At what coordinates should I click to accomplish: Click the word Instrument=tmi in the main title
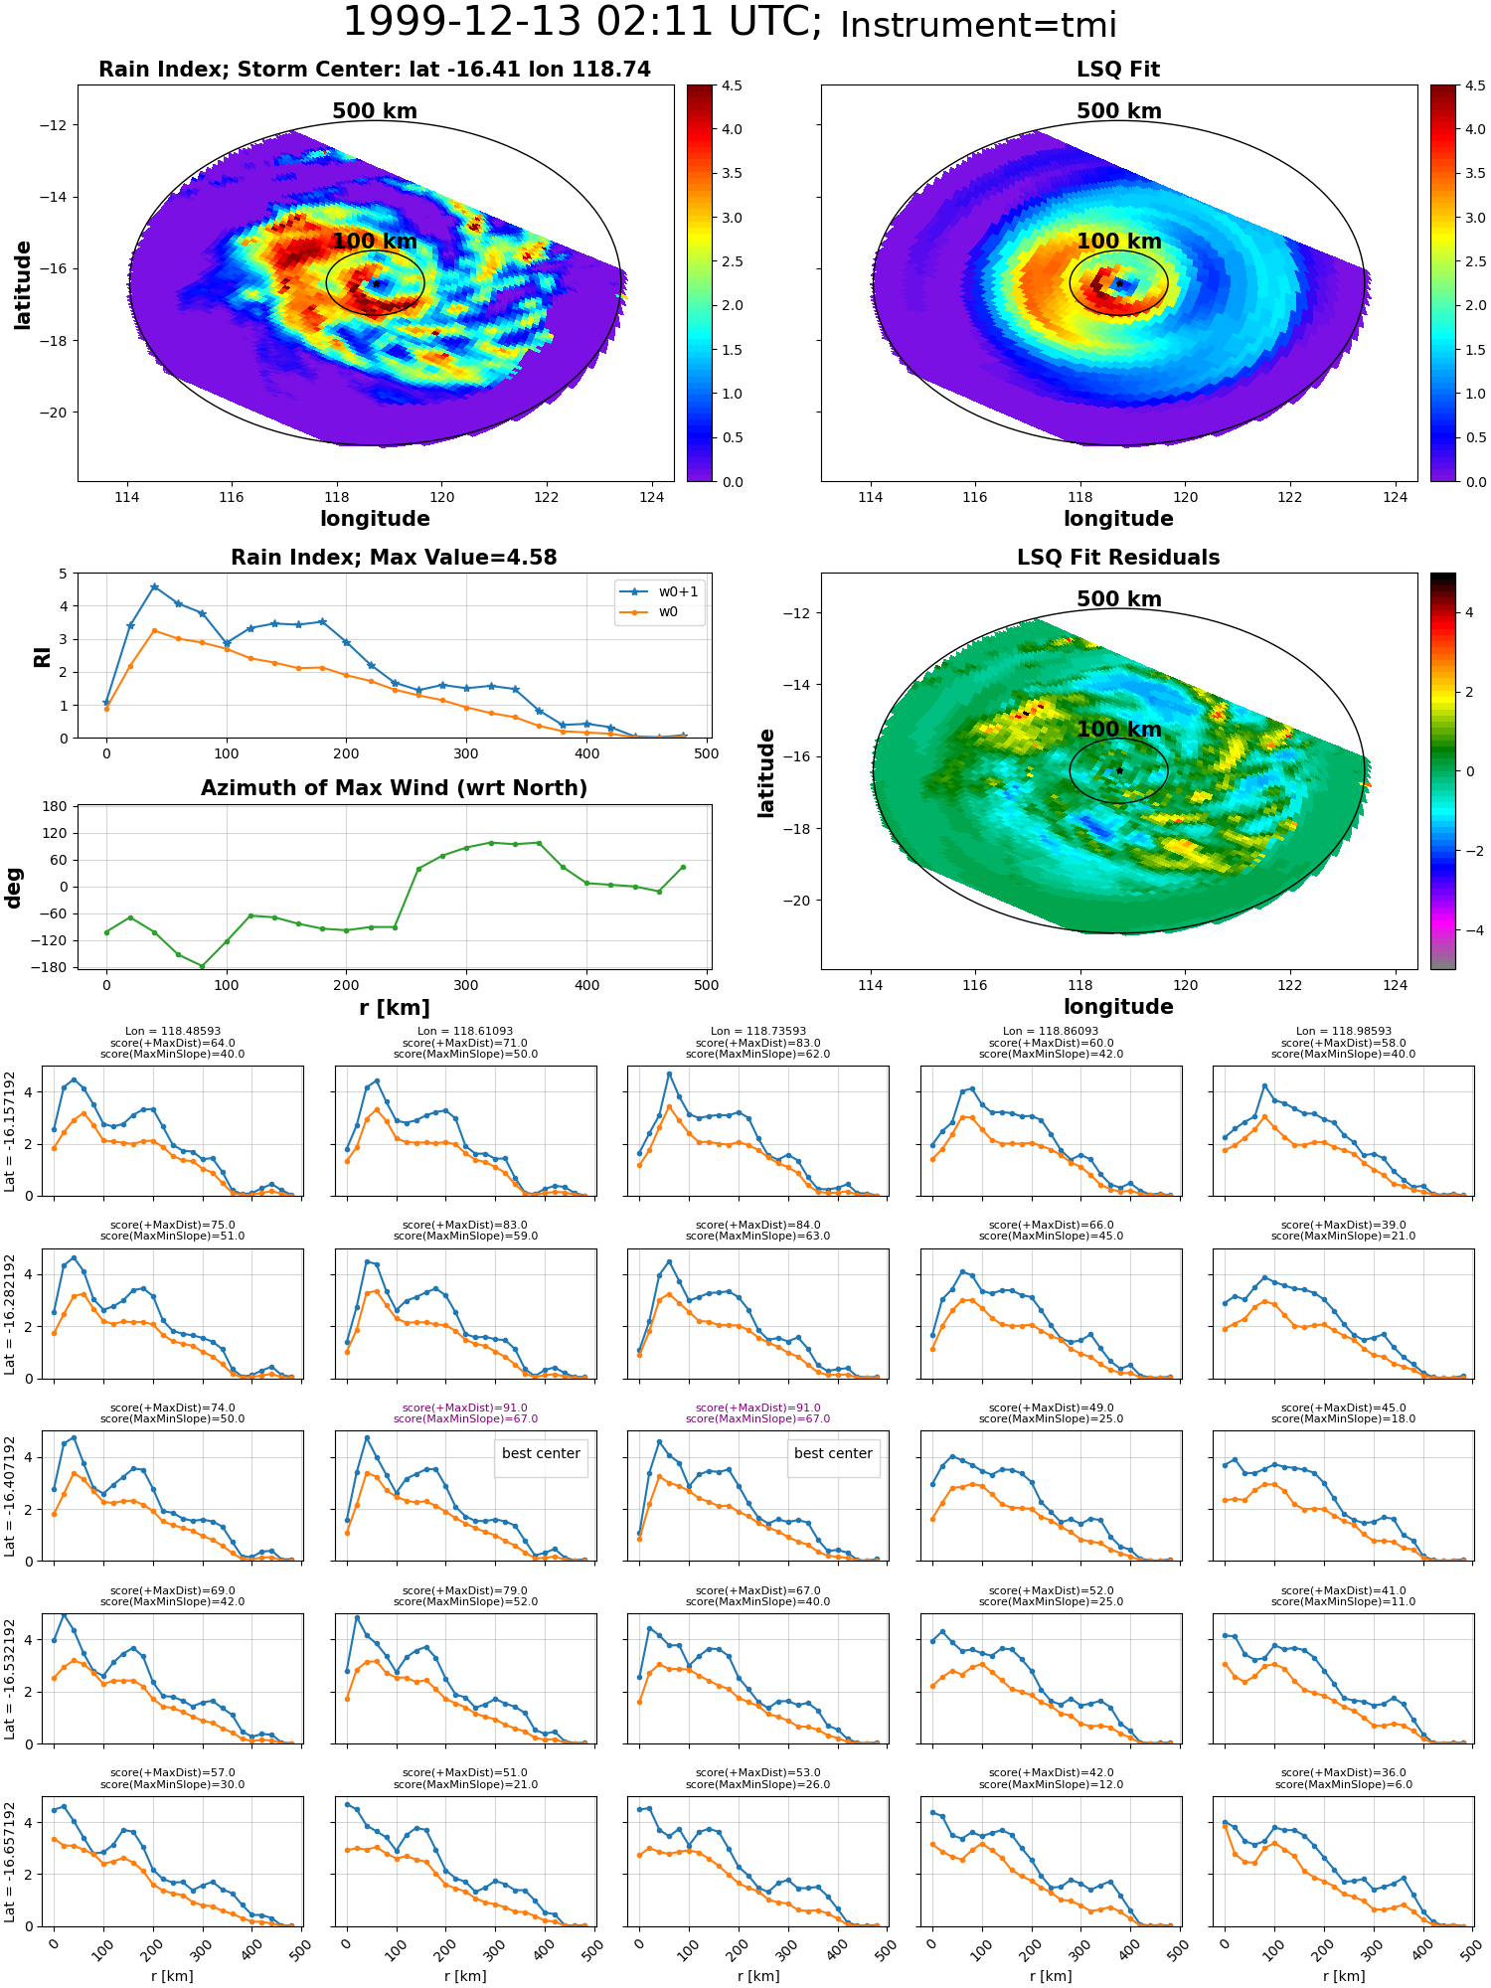click(x=978, y=26)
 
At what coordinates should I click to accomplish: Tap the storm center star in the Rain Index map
click(x=377, y=283)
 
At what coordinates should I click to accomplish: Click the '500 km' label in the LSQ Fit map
click(x=1119, y=111)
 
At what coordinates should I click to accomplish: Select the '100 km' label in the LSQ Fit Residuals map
click(x=1119, y=730)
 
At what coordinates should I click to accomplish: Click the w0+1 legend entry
click(x=660, y=591)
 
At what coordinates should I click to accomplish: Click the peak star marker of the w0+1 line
click(x=154, y=586)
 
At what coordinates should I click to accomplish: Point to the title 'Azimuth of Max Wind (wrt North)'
click(x=395, y=788)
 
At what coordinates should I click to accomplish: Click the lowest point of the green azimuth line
click(x=202, y=966)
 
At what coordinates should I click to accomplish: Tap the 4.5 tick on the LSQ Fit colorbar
click(x=1475, y=85)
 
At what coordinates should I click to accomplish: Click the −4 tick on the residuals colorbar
click(x=1468, y=930)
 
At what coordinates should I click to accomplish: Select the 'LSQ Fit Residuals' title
click(x=1118, y=558)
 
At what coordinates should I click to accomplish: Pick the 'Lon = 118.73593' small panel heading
click(x=758, y=1032)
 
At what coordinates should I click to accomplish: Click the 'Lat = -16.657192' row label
click(x=10, y=1861)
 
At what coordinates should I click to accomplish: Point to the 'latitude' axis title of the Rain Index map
click(x=23, y=284)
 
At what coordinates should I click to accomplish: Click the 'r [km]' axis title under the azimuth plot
click(x=395, y=1008)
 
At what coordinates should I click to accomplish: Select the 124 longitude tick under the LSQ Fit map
click(x=1396, y=497)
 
